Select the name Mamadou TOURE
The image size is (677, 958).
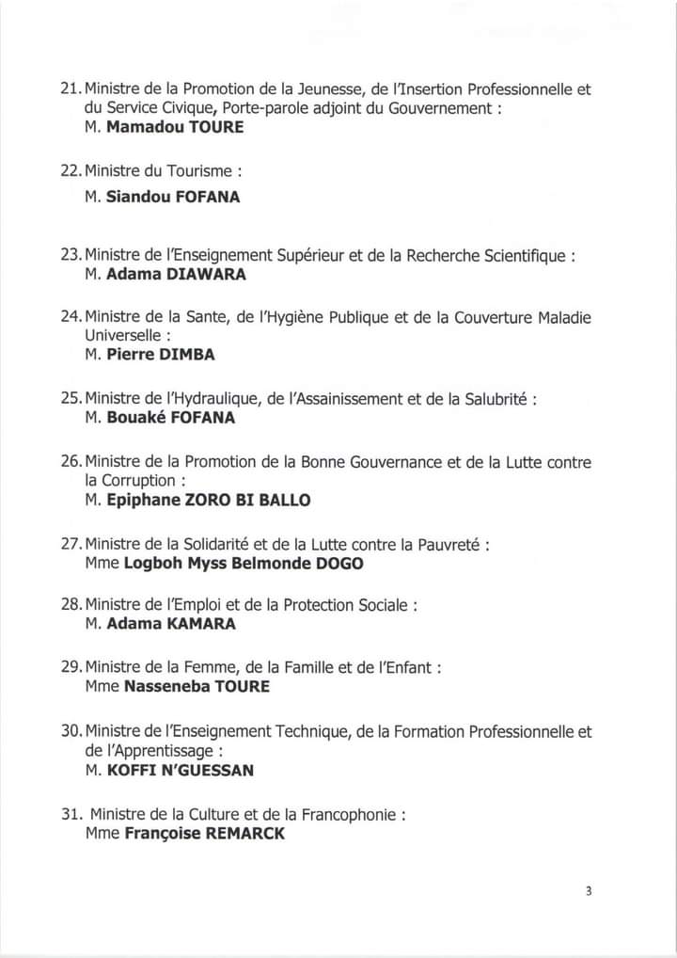point(174,127)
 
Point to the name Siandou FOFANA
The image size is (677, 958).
point(175,198)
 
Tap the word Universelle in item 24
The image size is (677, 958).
point(122,335)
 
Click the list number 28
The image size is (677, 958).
point(70,604)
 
